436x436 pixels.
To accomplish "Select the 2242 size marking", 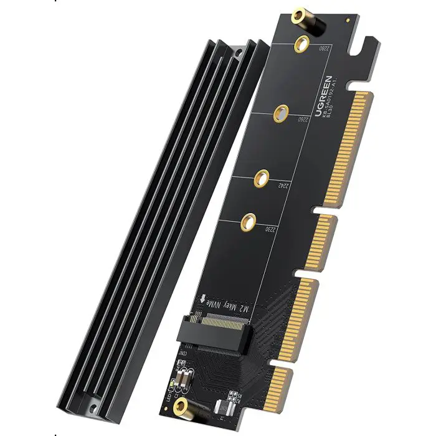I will [x=283, y=185].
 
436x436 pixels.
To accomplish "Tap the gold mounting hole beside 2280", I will [x=303, y=43].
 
